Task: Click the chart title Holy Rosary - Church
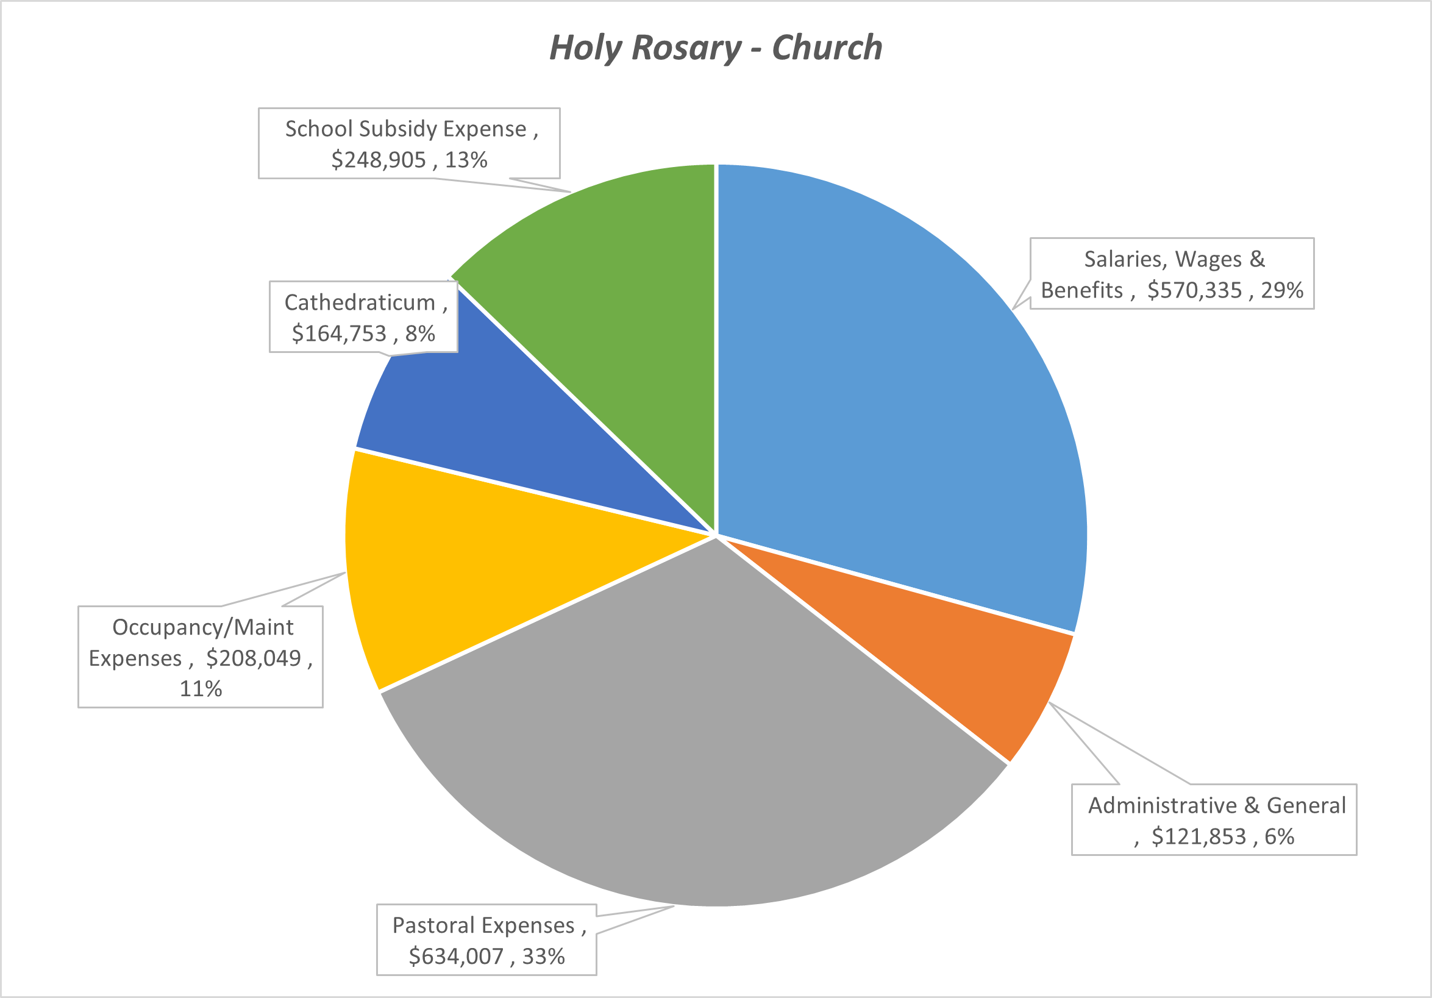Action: (x=715, y=48)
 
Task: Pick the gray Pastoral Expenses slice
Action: (x=686, y=749)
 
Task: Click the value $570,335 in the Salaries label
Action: (x=1194, y=291)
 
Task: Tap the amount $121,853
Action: (x=1198, y=836)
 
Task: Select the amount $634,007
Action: (x=455, y=956)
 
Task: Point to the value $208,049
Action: (x=253, y=658)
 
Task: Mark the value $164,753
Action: (x=339, y=333)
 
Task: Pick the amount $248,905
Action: (x=378, y=160)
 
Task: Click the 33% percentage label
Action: (x=543, y=956)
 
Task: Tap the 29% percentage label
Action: (x=1281, y=291)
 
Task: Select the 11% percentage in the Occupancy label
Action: (x=200, y=689)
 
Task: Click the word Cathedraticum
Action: (x=359, y=302)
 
